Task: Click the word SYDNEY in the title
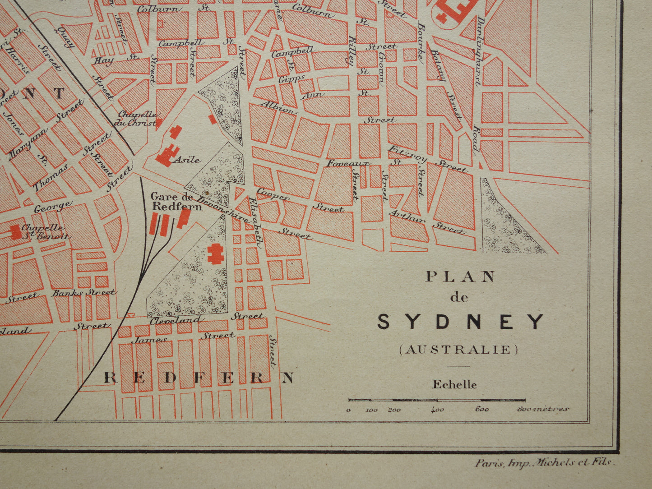(x=461, y=322)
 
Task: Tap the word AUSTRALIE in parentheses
(x=458, y=350)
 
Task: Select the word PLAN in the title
(x=460, y=277)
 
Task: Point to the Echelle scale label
(x=454, y=384)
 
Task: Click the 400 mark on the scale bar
(x=437, y=410)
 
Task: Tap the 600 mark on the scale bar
(x=481, y=410)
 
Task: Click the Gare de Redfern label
(x=171, y=201)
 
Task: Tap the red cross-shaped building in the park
(x=215, y=253)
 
